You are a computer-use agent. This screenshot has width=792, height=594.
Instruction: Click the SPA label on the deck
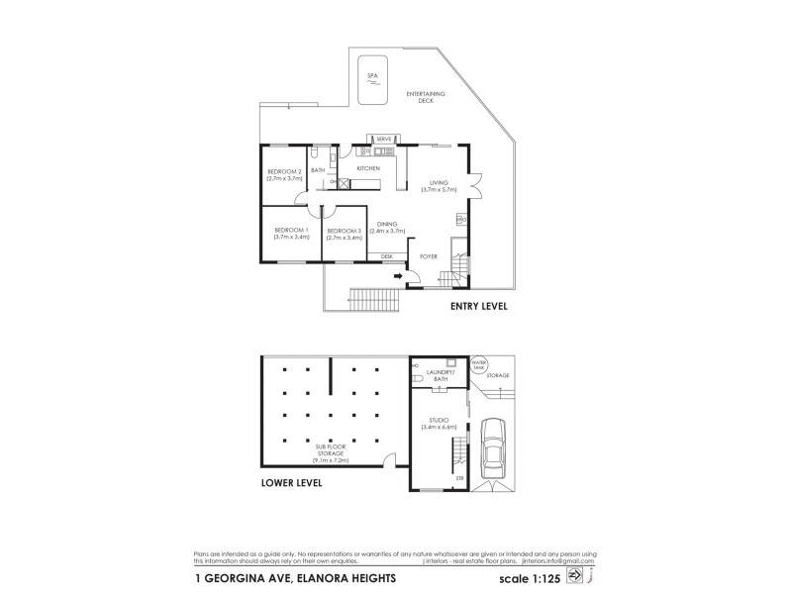(x=372, y=75)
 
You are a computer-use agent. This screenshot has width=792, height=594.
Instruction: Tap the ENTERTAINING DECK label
(x=427, y=96)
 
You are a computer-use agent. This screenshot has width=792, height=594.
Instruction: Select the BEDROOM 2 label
(x=284, y=174)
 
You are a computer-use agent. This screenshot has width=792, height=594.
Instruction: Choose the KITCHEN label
(x=368, y=169)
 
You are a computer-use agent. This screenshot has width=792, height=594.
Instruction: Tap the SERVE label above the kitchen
(x=384, y=139)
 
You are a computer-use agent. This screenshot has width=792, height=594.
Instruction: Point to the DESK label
(x=387, y=256)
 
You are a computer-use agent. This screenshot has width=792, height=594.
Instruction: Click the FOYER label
(x=428, y=256)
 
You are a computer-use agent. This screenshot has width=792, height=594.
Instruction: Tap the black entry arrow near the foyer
(x=397, y=276)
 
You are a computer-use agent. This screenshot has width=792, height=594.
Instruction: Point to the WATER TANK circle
(x=480, y=363)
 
